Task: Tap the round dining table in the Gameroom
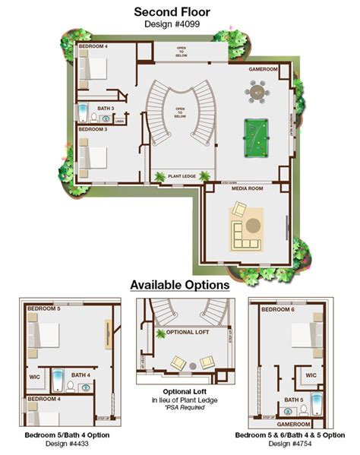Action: tap(257, 92)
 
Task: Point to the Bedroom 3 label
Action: tap(93, 129)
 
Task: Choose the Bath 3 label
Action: tap(106, 109)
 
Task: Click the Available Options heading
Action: tap(179, 285)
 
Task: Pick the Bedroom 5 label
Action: tap(44, 309)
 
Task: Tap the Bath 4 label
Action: tap(81, 374)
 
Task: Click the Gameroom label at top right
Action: tap(264, 69)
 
